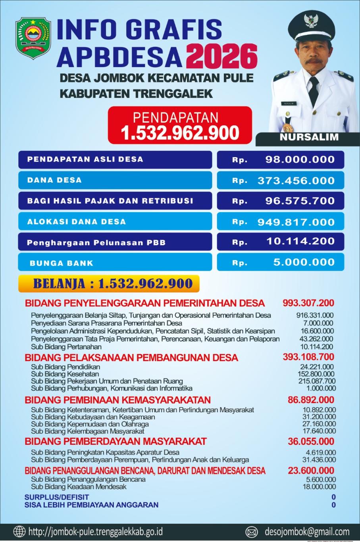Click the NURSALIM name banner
pos(309,137)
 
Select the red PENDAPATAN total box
pos(180,125)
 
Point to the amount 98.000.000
pos(300,160)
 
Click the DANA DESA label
pos(54,180)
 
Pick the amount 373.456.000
pos(296,181)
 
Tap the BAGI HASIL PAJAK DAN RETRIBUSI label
pos(110,201)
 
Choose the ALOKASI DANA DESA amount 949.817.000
pos(296,222)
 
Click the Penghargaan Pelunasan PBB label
pos(96,242)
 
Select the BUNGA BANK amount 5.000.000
pos(304,262)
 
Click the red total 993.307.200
pos(308,303)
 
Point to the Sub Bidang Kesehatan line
pos(65,374)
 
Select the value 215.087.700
pos(317,381)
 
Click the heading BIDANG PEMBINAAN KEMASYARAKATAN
pos(117,400)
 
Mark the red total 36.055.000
pos(311,441)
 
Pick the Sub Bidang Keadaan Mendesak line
pos(79,486)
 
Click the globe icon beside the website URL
pos(19,531)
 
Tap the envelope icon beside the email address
pos(252,532)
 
